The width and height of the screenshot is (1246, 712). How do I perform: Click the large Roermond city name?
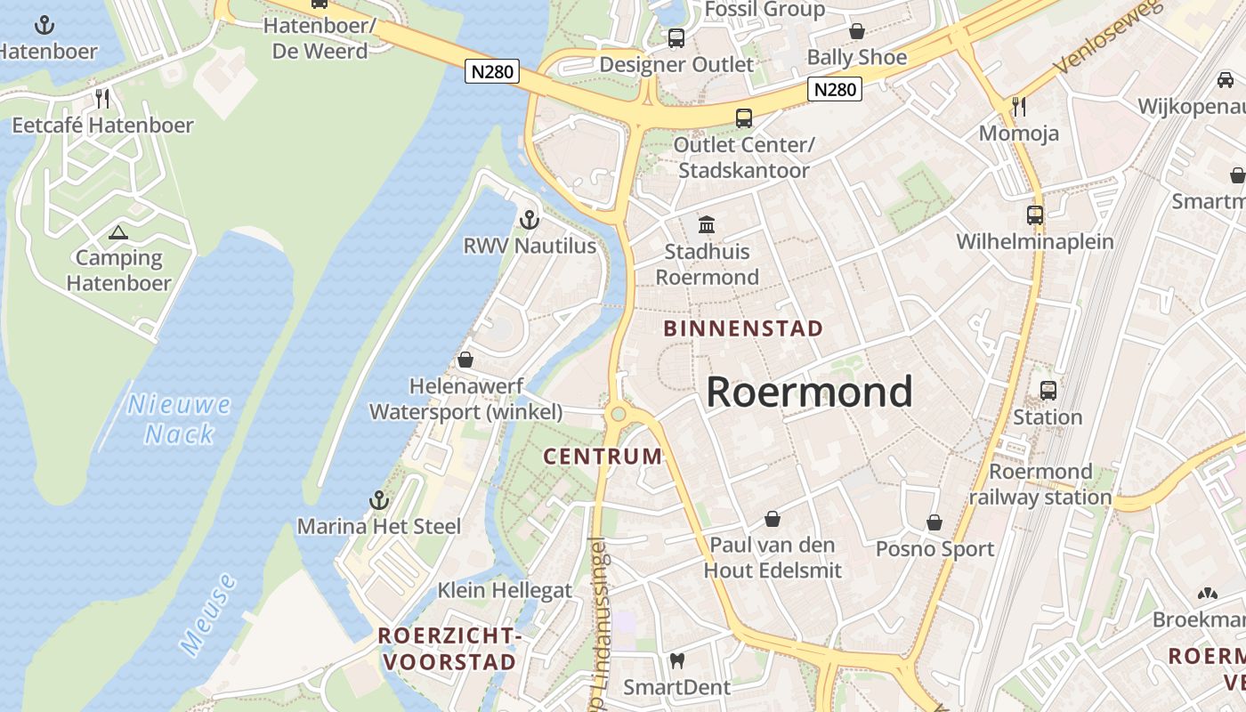pyautogui.click(x=809, y=392)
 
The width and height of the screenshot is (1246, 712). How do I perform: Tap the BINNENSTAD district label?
pyautogui.click(x=743, y=328)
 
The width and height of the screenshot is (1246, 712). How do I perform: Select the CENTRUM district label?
pyautogui.click(x=603, y=457)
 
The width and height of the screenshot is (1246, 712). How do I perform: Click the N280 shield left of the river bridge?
pyautogui.click(x=491, y=71)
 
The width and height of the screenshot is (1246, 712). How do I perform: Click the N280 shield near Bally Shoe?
pyautogui.click(x=835, y=89)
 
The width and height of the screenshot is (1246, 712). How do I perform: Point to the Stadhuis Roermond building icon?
pyautogui.click(x=707, y=224)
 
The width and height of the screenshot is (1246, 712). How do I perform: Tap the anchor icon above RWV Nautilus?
pyautogui.click(x=530, y=218)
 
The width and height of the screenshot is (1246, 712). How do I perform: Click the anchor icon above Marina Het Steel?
pyautogui.click(x=379, y=499)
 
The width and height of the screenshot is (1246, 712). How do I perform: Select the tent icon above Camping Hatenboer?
pyautogui.click(x=118, y=233)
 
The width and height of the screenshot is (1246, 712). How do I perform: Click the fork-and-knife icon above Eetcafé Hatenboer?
pyautogui.click(x=102, y=98)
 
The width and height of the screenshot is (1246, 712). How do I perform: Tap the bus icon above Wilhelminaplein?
pyautogui.click(x=1034, y=214)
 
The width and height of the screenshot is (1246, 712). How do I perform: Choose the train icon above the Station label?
pyautogui.click(x=1048, y=390)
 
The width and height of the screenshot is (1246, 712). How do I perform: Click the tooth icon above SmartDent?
pyautogui.click(x=676, y=660)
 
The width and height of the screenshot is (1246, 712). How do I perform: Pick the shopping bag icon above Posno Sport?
pyautogui.click(x=934, y=522)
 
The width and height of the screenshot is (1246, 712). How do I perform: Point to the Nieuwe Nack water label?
pyautogui.click(x=180, y=419)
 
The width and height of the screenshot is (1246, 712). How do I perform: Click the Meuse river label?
pyautogui.click(x=209, y=615)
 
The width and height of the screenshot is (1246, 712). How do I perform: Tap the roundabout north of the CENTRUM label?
pyautogui.click(x=618, y=414)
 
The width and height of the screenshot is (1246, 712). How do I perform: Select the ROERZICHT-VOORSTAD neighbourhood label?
pyautogui.click(x=448, y=649)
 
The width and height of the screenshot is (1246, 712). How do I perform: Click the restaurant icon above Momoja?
pyautogui.click(x=1019, y=107)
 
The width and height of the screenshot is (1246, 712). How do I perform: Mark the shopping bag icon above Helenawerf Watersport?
pyautogui.click(x=465, y=360)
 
